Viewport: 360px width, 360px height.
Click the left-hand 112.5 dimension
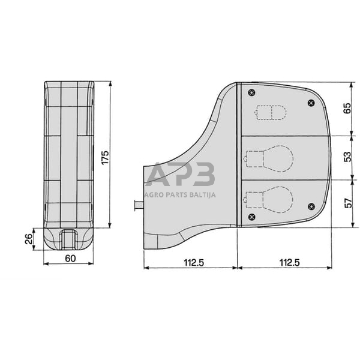tap(191, 262)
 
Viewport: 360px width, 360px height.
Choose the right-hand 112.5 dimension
tap(284, 262)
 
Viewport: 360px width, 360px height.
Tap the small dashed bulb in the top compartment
tap(271, 113)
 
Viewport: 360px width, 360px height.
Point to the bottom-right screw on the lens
tap(310, 206)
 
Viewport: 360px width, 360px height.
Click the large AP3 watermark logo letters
tap(180, 175)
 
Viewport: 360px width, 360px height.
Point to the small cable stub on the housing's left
tap(139, 205)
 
